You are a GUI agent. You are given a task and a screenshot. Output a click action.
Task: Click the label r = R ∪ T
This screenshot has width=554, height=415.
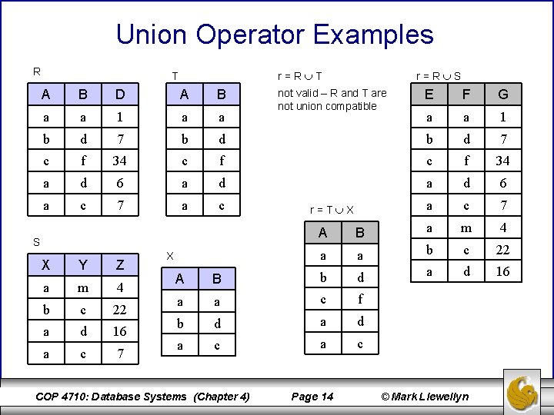tap(299, 76)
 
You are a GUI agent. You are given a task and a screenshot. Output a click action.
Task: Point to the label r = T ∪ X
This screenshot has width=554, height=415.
tap(331, 210)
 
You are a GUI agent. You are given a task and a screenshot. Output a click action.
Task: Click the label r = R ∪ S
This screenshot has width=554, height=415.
tap(438, 76)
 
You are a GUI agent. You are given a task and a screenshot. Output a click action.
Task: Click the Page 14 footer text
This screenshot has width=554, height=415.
tap(313, 397)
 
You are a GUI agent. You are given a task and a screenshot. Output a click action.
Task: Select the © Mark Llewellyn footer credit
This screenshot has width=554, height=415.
tap(426, 397)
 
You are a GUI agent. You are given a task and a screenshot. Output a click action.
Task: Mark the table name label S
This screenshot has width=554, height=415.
tap(35, 242)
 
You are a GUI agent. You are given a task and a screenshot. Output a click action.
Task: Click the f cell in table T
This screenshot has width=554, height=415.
tap(221, 161)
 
